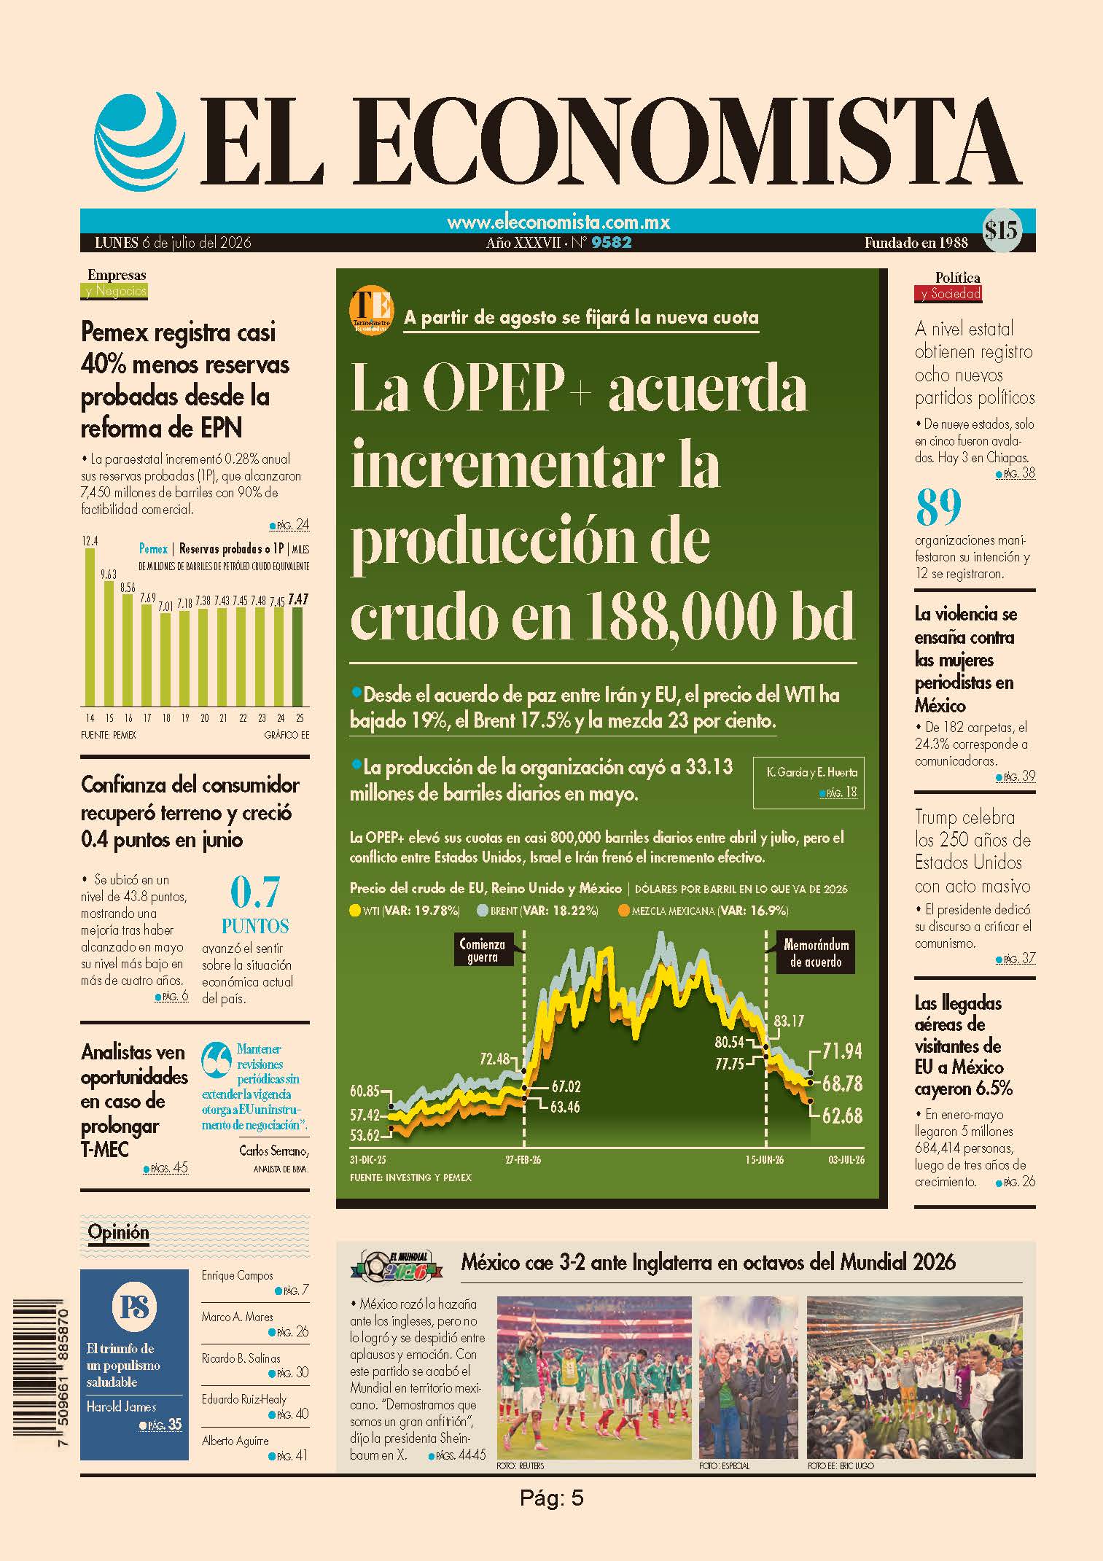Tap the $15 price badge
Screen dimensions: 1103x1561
coord(1001,231)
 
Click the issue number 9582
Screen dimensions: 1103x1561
coord(612,243)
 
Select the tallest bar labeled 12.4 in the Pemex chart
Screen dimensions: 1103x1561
coord(90,627)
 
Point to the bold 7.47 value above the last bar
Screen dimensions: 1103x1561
coord(298,600)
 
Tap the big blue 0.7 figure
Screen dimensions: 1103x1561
coord(255,892)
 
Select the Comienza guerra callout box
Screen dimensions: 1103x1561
coord(483,950)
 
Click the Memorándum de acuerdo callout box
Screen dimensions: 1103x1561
coord(816,953)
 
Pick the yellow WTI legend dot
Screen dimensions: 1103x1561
coord(355,911)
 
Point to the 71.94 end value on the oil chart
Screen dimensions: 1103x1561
coord(842,1051)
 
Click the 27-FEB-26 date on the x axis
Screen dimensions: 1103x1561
coord(523,1159)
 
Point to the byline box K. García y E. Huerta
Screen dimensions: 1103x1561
coord(808,781)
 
